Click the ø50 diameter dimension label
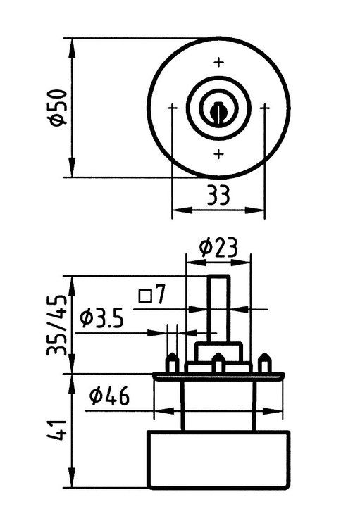point(58,108)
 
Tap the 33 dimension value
point(218,194)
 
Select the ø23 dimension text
point(218,248)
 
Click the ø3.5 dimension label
point(102,319)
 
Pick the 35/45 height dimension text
point(57,325)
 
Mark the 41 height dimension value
point(57,431)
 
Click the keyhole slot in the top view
point(217,113)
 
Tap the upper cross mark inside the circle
point(218,62)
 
